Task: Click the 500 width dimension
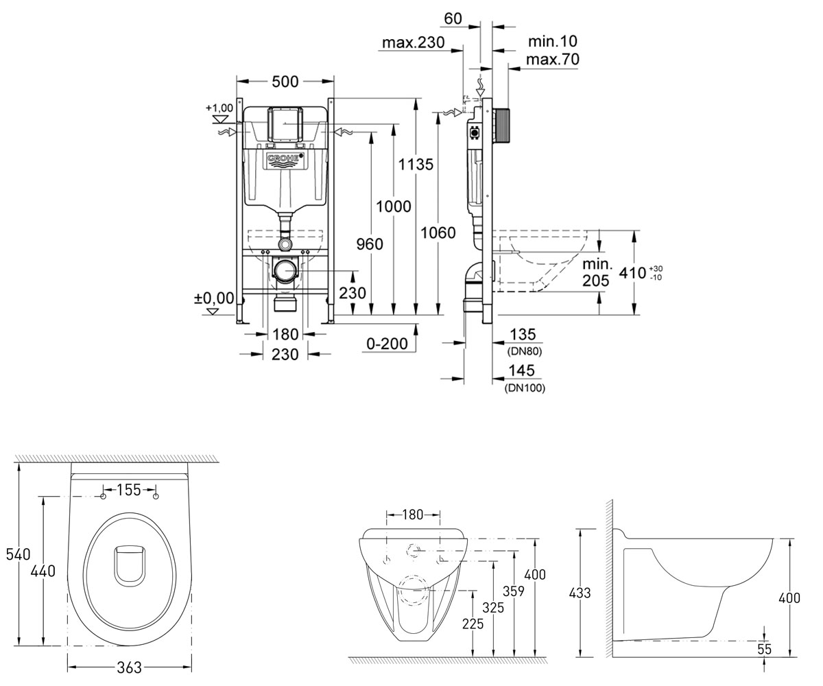tap(285, 82)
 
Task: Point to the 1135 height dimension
tap(416, 164)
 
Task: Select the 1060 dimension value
tap(438, 233)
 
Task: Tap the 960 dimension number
tap(370, 244)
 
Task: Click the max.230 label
tap(414, 42)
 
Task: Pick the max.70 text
tap(553, 59)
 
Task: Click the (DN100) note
tap(525, 388)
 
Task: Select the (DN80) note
tap(525, 351)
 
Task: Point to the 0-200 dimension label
tap(387, 344)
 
